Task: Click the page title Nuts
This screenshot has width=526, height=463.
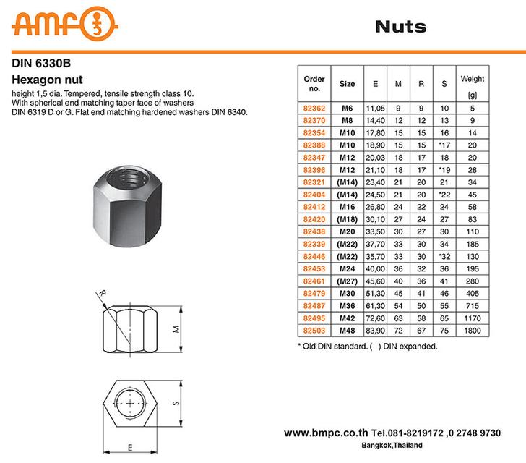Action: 400,27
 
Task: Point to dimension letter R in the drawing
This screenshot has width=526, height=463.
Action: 103,293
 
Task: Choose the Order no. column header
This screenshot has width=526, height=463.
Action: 314,83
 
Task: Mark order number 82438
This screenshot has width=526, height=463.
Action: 314,231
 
